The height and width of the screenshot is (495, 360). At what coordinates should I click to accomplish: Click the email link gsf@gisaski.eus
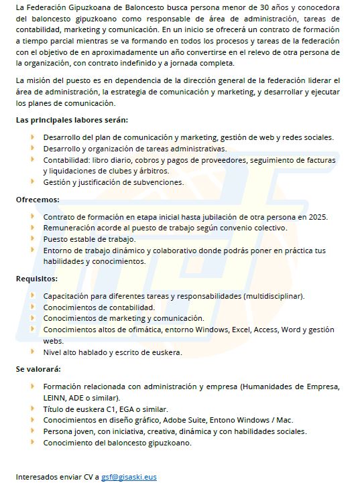coord(129,477)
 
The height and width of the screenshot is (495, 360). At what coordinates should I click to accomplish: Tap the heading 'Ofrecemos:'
coord(38,200)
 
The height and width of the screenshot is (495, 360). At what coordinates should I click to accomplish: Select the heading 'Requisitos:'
coord(37,279)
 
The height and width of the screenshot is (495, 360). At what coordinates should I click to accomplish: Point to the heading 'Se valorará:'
coord(38,369)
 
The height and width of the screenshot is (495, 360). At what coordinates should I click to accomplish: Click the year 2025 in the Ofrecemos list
coord(319,217)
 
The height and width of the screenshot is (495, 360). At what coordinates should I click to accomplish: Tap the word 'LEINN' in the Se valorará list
coord(55,397)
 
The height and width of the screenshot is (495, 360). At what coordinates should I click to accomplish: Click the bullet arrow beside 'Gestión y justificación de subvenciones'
coord(32,182)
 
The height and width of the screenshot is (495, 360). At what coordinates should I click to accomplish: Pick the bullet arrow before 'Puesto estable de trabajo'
coord(32,238)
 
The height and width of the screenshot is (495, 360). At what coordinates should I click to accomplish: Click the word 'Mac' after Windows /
coord(285,420)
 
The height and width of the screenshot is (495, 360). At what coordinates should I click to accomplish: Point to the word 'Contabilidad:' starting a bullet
coord(66,161)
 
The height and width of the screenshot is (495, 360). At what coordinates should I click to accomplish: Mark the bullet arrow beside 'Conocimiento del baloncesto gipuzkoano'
coord(32,443)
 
